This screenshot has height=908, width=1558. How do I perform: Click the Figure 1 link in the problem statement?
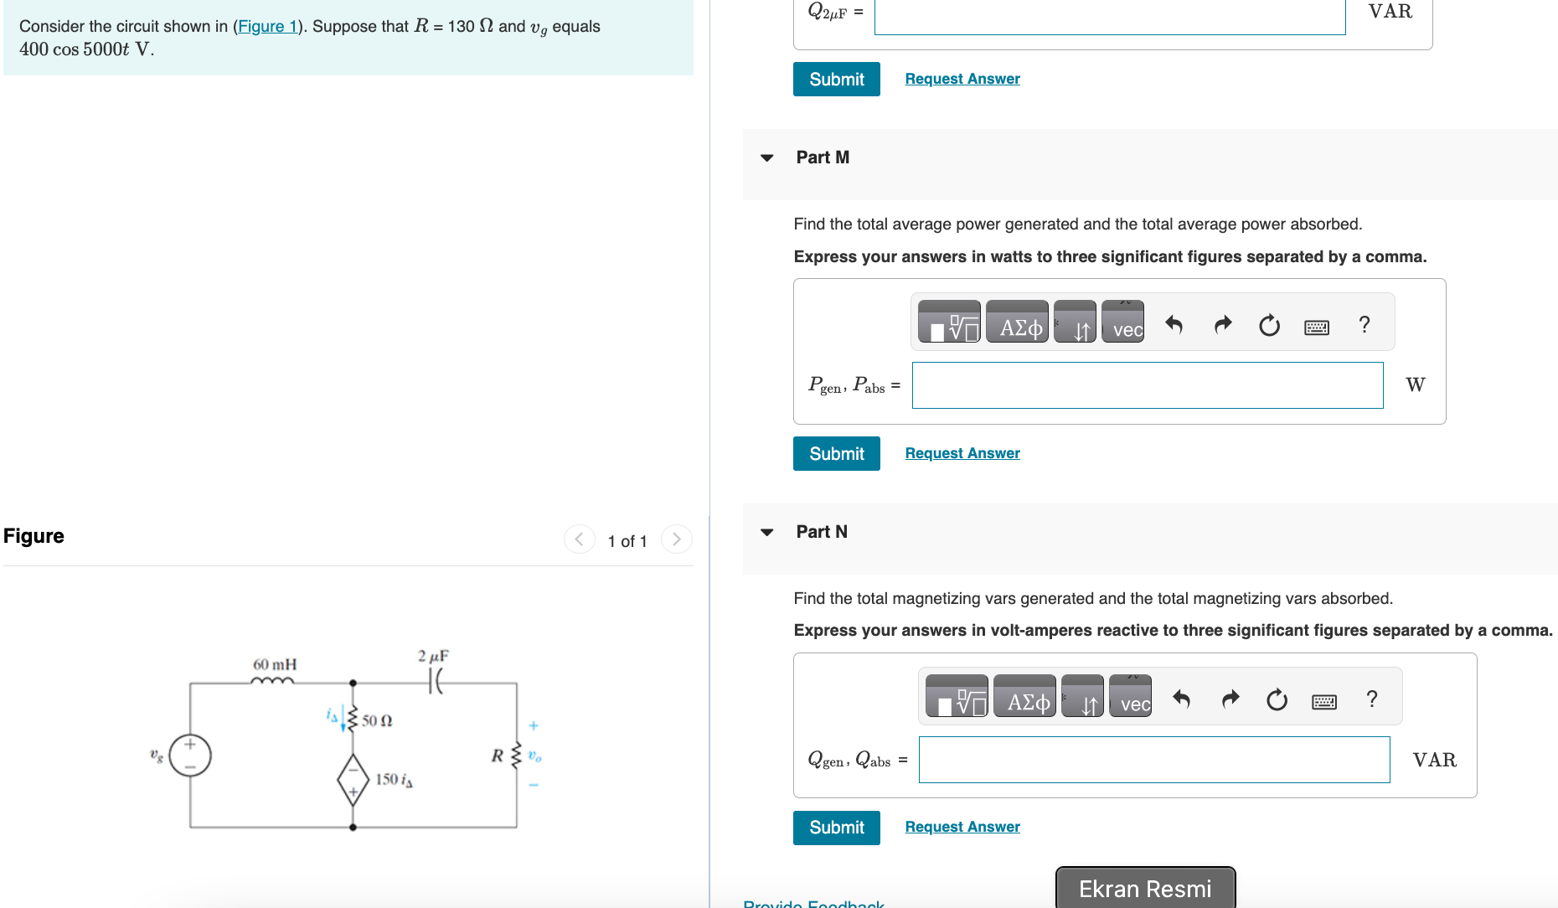click(267, 26)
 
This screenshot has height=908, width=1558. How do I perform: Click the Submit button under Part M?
click(836, 453)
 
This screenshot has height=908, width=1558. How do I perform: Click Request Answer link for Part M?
click(962, 453)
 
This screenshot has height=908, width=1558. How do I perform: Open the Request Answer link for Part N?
click(962, 827)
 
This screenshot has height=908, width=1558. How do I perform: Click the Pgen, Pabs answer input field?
click(1147, 385)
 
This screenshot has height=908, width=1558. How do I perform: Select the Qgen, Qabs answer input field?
click(1153, 760)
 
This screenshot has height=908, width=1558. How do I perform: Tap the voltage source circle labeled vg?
click(190, 755)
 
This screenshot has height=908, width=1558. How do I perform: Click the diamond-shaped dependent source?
click(353, 780)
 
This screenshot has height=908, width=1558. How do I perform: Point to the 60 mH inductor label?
click(275, 664)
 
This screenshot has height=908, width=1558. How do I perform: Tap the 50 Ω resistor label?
click(377, 720)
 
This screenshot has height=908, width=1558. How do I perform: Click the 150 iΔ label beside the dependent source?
click(394, 780)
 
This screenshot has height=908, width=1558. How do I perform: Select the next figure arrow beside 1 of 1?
click(677, 539)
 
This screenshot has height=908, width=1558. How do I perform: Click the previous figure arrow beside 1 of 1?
click(579, 539)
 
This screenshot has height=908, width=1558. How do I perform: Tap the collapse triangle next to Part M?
click(766, 157)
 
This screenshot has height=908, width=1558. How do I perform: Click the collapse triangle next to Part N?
click(766, 532)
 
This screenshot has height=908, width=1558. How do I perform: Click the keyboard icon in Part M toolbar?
click(1316, 326)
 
